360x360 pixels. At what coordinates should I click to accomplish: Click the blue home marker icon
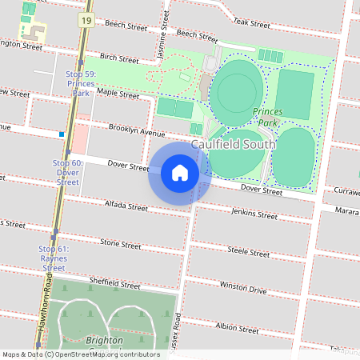coord(180,173)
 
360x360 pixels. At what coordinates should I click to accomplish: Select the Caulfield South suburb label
coord(233,143)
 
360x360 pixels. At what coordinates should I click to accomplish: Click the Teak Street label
coord(253,23)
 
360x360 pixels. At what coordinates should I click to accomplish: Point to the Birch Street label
coord(119,58)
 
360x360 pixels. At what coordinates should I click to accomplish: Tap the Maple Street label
coord(113,92)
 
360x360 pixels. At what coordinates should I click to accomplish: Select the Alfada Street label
coord(126,206)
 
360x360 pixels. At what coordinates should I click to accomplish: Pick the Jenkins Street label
coord(254,214)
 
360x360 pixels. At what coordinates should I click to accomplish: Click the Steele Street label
coord(249,251)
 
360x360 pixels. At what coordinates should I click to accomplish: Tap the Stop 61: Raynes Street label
coord(54,258)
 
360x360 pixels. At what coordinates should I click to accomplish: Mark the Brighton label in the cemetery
coord(105,340)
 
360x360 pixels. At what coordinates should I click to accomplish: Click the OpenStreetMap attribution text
coord(81,354)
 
